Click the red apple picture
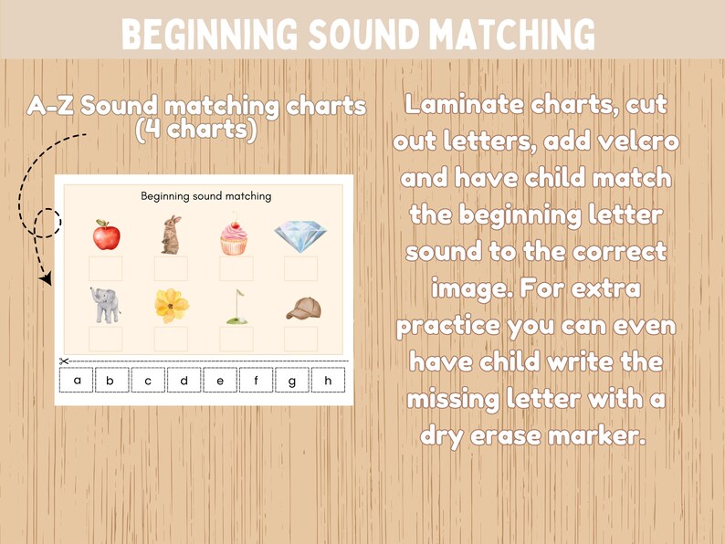106,235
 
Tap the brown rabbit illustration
171,235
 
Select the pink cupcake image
234,236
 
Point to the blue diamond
299,235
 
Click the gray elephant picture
105,305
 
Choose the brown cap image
303,309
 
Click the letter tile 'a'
78,380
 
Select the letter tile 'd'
184,380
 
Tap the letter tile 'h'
328,380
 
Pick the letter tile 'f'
256,380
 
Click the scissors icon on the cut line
64,361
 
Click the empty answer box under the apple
106,268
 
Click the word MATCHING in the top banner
501,35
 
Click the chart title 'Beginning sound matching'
205,195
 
